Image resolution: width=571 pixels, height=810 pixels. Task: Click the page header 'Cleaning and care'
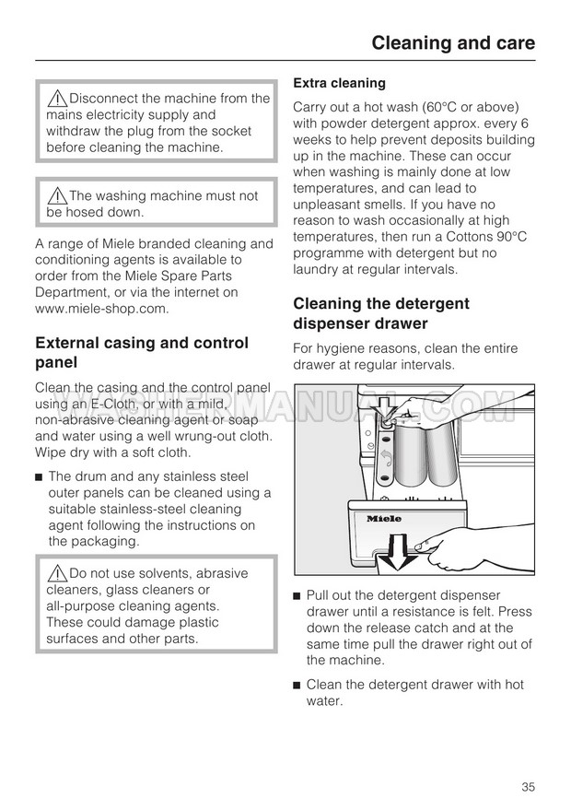point(452,42)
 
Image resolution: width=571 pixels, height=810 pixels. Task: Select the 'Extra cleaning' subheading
point(339,83)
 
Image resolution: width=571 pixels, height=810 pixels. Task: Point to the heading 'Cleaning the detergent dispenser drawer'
point(381,313)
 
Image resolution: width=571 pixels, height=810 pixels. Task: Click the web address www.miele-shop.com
point(102,309)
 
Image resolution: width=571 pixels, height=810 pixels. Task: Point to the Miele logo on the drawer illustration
point(384,519)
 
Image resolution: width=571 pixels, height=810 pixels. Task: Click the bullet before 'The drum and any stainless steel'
point(40,476)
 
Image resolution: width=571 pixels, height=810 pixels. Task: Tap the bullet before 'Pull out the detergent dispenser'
point(297,595)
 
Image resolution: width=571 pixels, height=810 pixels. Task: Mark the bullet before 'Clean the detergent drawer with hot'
point(297,685)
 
